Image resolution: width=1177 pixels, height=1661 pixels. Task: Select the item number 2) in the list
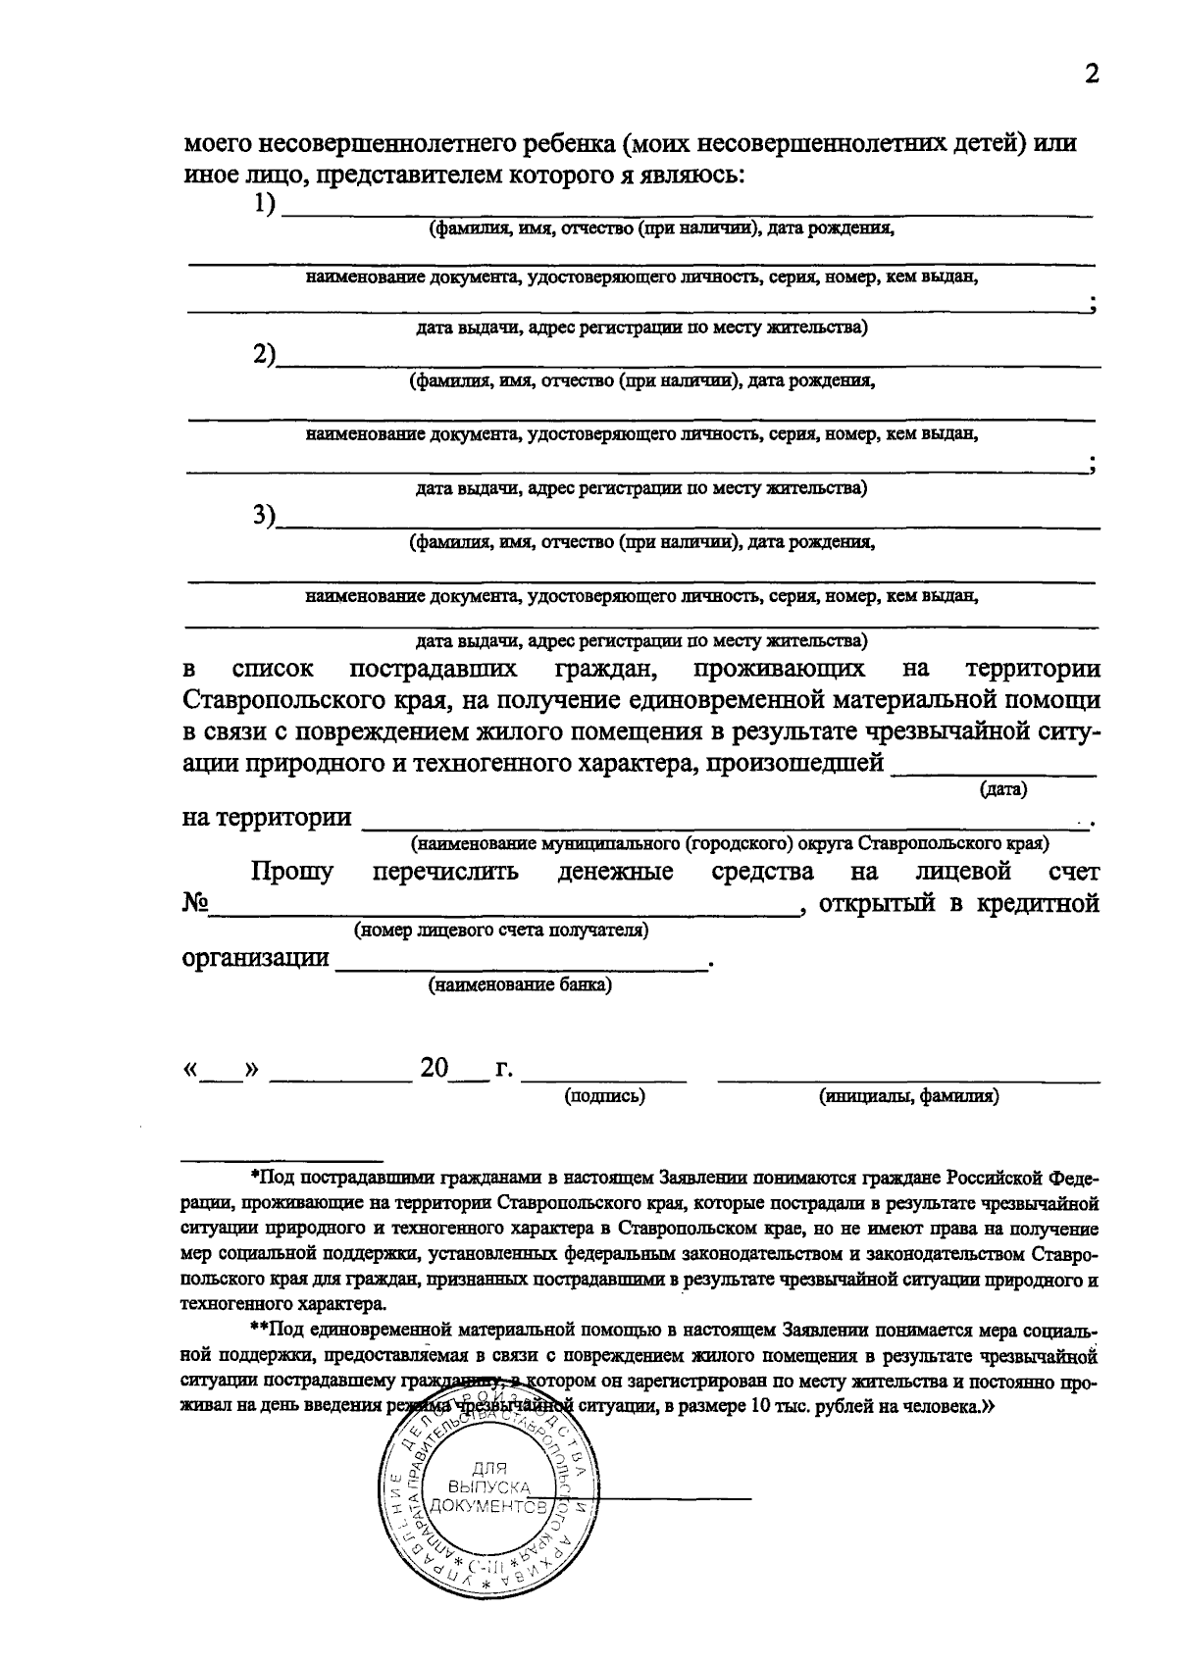coord(264,355)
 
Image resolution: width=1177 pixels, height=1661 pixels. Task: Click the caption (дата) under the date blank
coord(1003,789)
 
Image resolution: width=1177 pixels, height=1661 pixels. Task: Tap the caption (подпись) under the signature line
coord(605,1096)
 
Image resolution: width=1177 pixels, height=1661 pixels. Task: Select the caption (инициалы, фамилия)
coord(909,1096)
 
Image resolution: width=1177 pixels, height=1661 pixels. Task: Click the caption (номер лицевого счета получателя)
coord(501,930)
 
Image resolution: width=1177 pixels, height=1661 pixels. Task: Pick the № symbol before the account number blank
coord(195,903)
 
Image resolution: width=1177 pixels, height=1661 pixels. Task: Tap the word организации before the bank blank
coord(256,957)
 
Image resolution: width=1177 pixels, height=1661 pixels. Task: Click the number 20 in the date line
coord(434,1068)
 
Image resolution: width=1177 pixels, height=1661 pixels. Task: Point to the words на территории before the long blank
coord(267,818)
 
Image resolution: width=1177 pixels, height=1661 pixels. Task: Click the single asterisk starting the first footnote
coord(254,1176)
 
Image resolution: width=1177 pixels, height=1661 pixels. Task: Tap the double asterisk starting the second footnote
coord(259,1332)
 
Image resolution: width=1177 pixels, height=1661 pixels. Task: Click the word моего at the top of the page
coord(218,144)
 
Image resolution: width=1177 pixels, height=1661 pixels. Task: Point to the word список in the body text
coord(273,670)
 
